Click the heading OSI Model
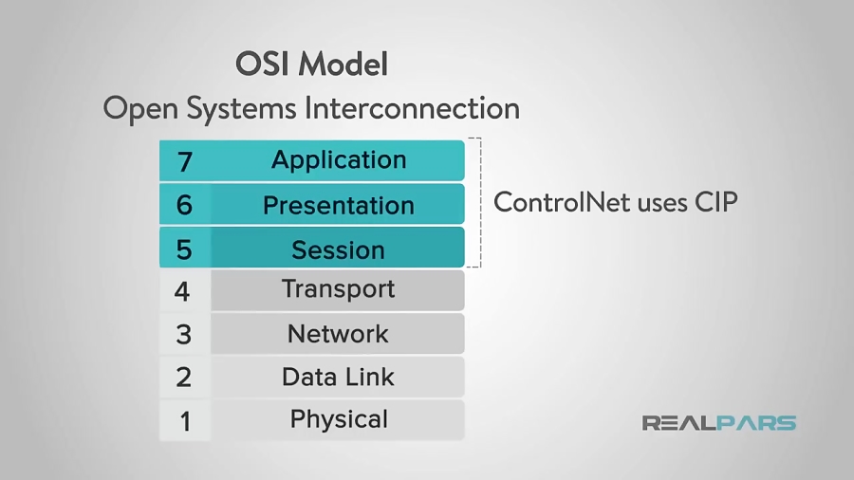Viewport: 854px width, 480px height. click(x=311, y=65)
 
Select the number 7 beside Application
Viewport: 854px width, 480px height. click(x=184, y=161)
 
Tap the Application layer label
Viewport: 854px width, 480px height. click(x=339, y=159)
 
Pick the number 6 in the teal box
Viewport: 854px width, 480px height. click(x=184, y=205)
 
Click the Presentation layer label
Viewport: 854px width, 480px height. click(x=339, y=205)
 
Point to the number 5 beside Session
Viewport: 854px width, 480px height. click(x=184, y=249)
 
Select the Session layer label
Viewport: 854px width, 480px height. click(x=338, y=249)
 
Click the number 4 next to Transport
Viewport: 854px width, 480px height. click(x=183, y=291)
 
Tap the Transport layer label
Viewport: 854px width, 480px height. click(x=338, y=289)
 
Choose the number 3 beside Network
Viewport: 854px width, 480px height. click(x=184, y=335)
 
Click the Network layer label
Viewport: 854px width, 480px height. click(x=338, y=334)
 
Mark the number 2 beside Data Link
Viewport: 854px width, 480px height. click(x=184, y=378)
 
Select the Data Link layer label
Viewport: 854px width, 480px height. click(x=338, y=377)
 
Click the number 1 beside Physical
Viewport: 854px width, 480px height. click(x=185, y=420)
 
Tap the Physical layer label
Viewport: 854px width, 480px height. click(x=339, y=419)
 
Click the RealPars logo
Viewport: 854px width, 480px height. click(x=718, y=423)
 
